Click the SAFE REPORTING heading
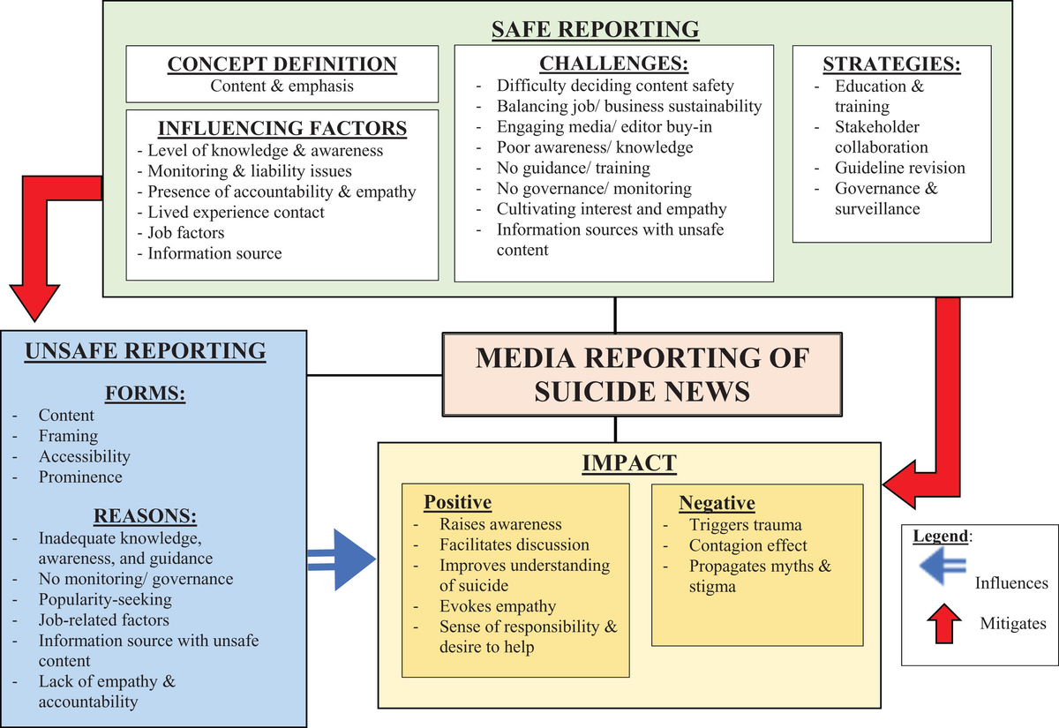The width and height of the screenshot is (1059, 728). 595,29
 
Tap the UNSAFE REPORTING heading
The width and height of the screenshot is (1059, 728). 146,351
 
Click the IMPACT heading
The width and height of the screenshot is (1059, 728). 628,462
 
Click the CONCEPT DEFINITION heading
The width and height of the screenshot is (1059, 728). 282,64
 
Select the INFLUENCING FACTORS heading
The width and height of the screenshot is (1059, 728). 282,129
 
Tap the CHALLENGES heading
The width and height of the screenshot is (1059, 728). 614,64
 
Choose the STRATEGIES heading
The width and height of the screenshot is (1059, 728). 891,64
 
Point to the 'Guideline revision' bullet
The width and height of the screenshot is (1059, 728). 900,168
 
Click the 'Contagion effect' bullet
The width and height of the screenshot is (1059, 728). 747,545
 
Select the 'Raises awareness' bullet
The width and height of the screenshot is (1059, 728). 500,524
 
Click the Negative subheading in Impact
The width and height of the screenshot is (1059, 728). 717,503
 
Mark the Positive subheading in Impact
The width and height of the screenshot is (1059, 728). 457,502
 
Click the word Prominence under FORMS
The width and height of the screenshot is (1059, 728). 80,477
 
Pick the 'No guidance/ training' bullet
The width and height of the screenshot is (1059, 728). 573,168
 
